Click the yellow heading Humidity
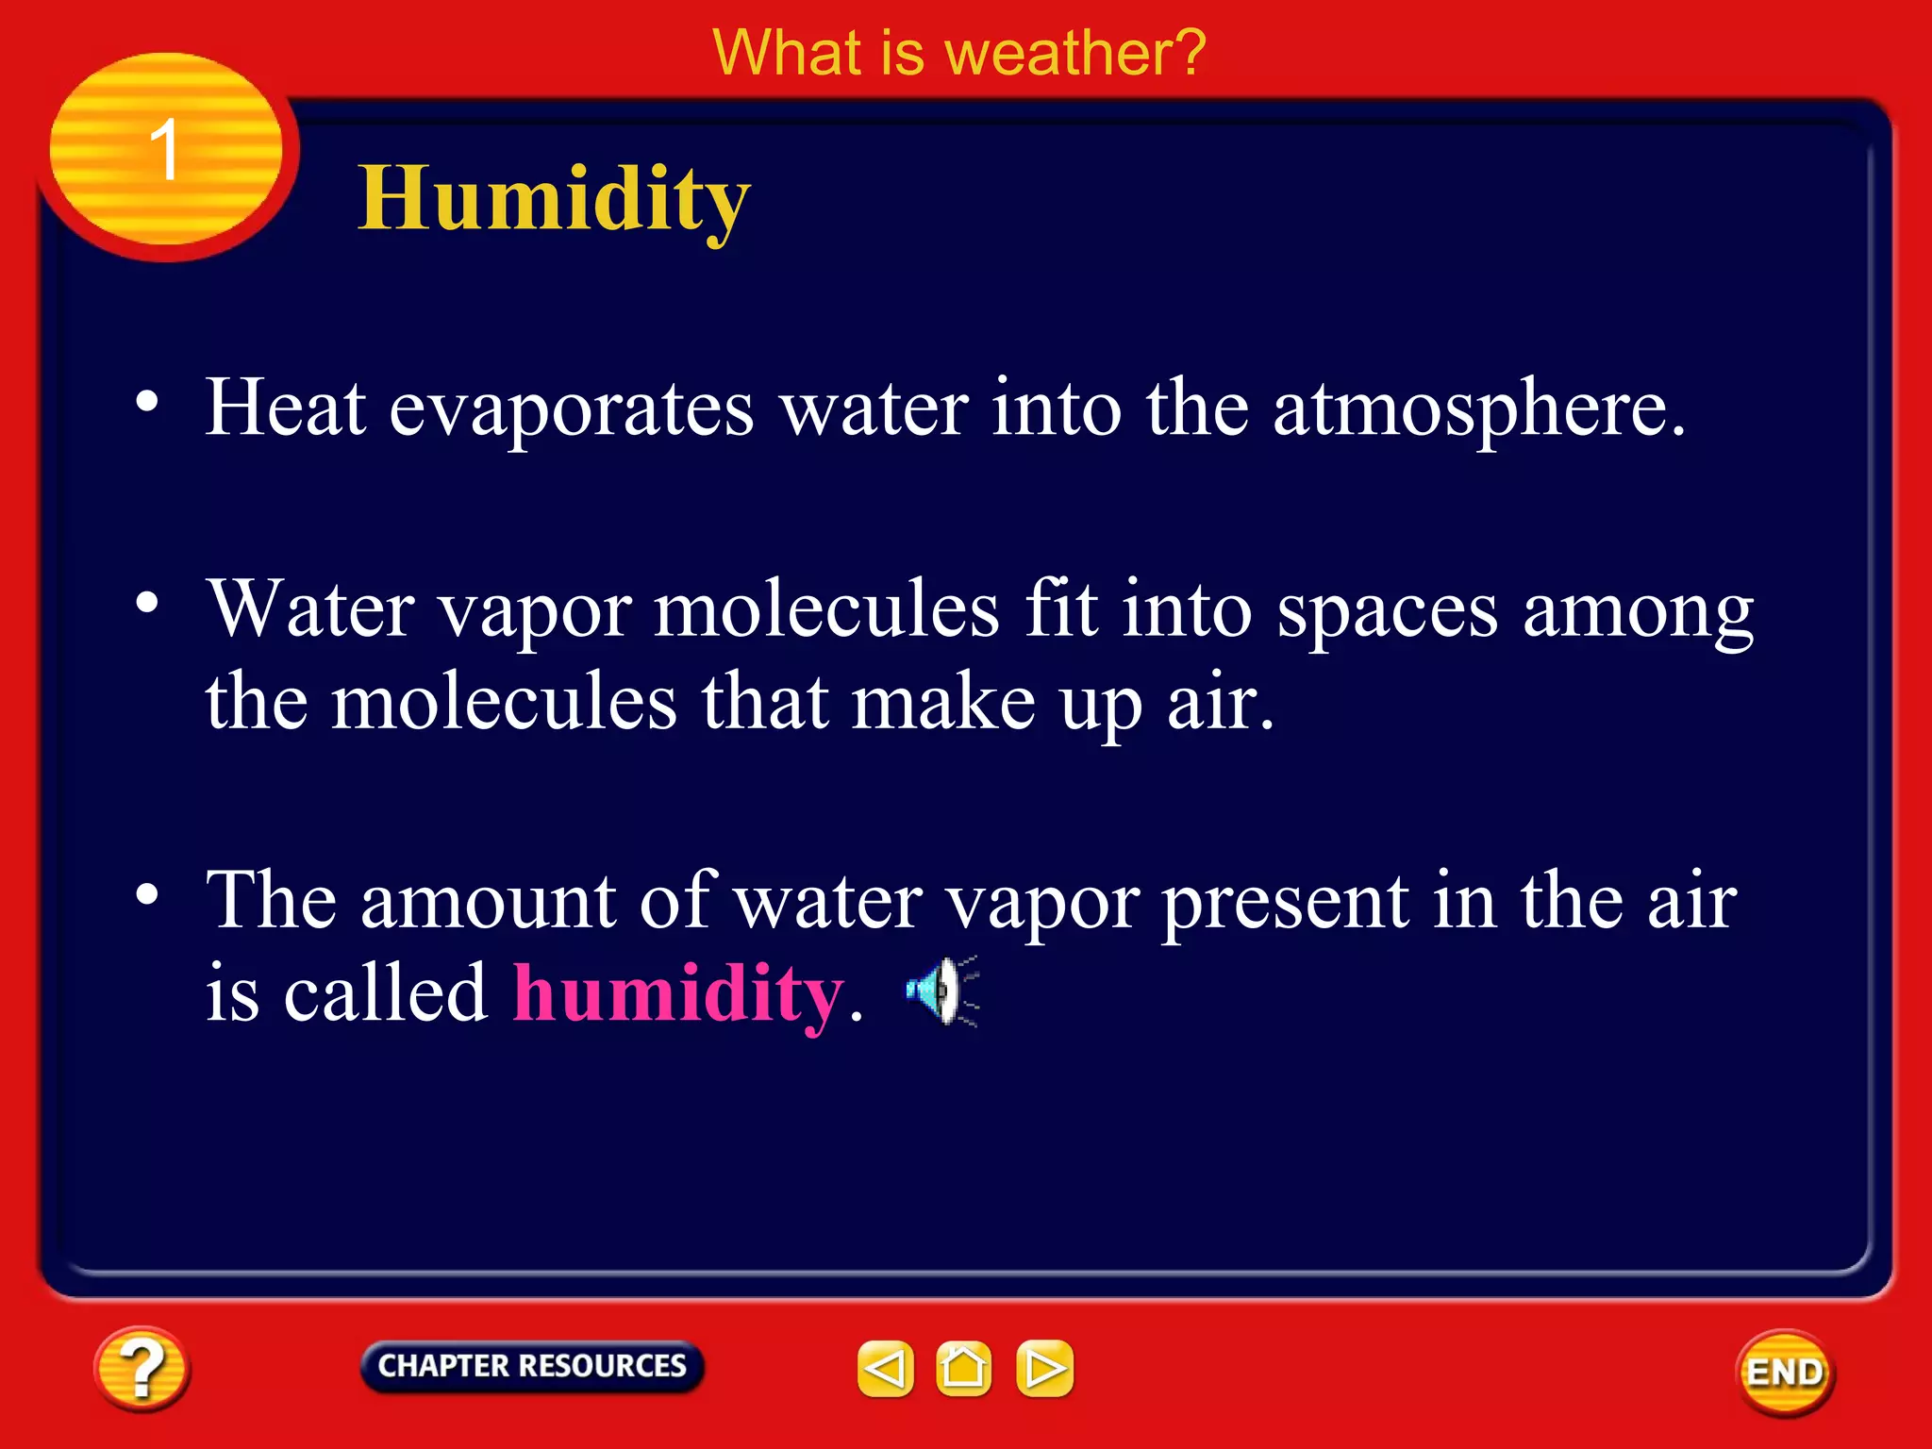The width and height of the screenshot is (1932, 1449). [554, 199]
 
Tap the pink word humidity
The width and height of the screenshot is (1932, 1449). [677, 994]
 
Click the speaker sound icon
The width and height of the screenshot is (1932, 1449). [941, 991]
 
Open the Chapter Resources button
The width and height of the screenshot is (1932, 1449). [532, 1366]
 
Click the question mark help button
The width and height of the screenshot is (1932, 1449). [142, 1368]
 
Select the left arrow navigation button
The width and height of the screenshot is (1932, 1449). [885, 1368]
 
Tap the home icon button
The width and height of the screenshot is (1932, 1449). [963, 1368]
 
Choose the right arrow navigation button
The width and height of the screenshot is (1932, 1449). [1044, 1368]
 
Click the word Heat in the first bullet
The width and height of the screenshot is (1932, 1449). [286, 408]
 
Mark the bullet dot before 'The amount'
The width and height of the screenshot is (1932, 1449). [147, 893]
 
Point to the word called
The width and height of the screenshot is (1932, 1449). [385, 994]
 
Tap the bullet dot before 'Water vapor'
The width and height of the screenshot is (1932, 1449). [147, 602]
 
